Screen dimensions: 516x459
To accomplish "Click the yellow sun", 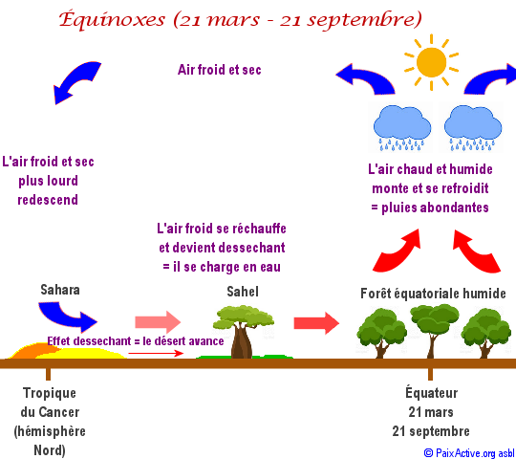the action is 431,62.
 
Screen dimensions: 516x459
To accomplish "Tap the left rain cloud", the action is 402,127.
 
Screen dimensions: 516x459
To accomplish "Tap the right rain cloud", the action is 473,127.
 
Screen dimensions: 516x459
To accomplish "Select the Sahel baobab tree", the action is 244,332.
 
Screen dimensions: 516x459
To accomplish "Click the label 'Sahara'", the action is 60,290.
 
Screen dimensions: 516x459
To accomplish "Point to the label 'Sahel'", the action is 243,292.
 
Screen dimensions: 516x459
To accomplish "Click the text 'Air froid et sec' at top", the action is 220,70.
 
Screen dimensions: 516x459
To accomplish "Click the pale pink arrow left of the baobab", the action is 158,322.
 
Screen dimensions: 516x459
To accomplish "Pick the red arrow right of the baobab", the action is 316,323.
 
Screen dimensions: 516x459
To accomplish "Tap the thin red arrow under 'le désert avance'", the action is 156,353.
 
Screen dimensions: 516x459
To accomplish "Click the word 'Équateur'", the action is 431,392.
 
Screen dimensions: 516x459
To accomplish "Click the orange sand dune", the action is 36,350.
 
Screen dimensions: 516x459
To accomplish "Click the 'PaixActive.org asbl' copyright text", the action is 469,453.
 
